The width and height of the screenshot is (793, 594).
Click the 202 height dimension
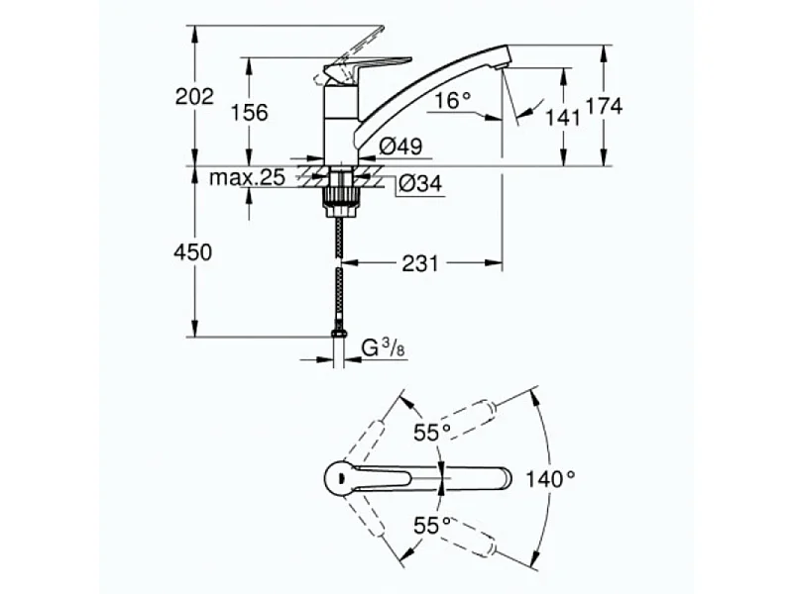pos(194,96)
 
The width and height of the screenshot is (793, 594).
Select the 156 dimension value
pos(250,112)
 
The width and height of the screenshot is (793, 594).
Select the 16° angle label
pos(451,100)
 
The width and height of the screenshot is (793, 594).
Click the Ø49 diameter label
pos(401,146)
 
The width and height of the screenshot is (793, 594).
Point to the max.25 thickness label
pos(248,178)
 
